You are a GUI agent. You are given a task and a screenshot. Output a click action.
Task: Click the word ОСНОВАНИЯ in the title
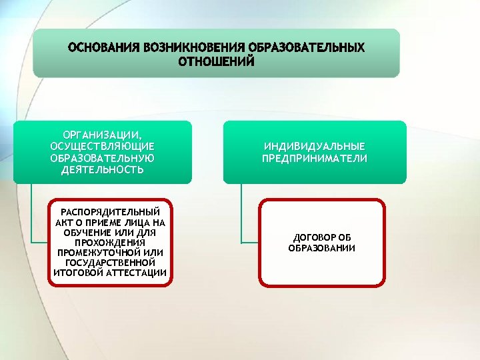tap(102, 48)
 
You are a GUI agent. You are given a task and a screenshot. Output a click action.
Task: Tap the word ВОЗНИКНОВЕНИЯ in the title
tap(189, 48)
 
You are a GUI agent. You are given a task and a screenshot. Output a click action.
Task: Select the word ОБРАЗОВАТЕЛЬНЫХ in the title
tap(306, 48)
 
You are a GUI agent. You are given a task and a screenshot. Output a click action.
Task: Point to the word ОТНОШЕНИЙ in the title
tap(216, 61)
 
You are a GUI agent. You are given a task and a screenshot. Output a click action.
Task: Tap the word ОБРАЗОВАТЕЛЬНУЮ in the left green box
tap(103, 159)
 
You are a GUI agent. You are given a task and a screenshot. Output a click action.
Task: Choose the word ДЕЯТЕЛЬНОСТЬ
tap(103, 170)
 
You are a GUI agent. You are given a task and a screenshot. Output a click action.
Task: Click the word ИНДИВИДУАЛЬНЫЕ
tap(315, 147)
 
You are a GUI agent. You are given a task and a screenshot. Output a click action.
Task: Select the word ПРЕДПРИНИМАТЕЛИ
tap(315, 159)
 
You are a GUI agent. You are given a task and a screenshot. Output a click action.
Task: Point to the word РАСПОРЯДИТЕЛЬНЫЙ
tap(110, 212)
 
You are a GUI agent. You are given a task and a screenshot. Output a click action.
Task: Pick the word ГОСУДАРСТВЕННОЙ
tap(110, 263)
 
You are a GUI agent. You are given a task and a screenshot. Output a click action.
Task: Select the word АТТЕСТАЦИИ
tap(137, 273)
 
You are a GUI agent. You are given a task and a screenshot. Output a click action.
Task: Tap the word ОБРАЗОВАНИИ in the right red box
tap(322, 248)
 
